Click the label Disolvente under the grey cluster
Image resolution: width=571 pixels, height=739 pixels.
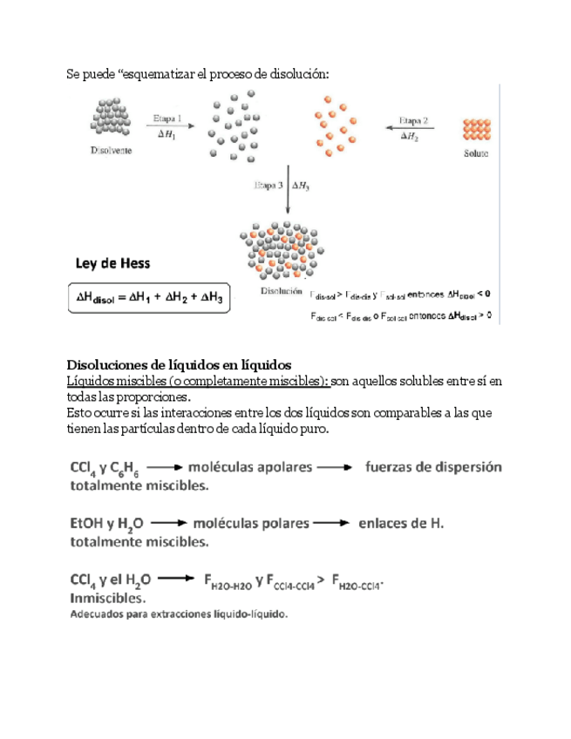(111, 150)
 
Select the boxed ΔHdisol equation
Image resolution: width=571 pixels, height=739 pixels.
(148, 298)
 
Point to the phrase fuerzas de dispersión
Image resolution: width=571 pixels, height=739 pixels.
(432, 467)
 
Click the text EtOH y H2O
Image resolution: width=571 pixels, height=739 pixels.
(105, 525)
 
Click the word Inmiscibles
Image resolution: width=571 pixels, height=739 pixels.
(106, 598)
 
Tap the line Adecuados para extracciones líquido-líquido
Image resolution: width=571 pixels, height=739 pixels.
(178, 614)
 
